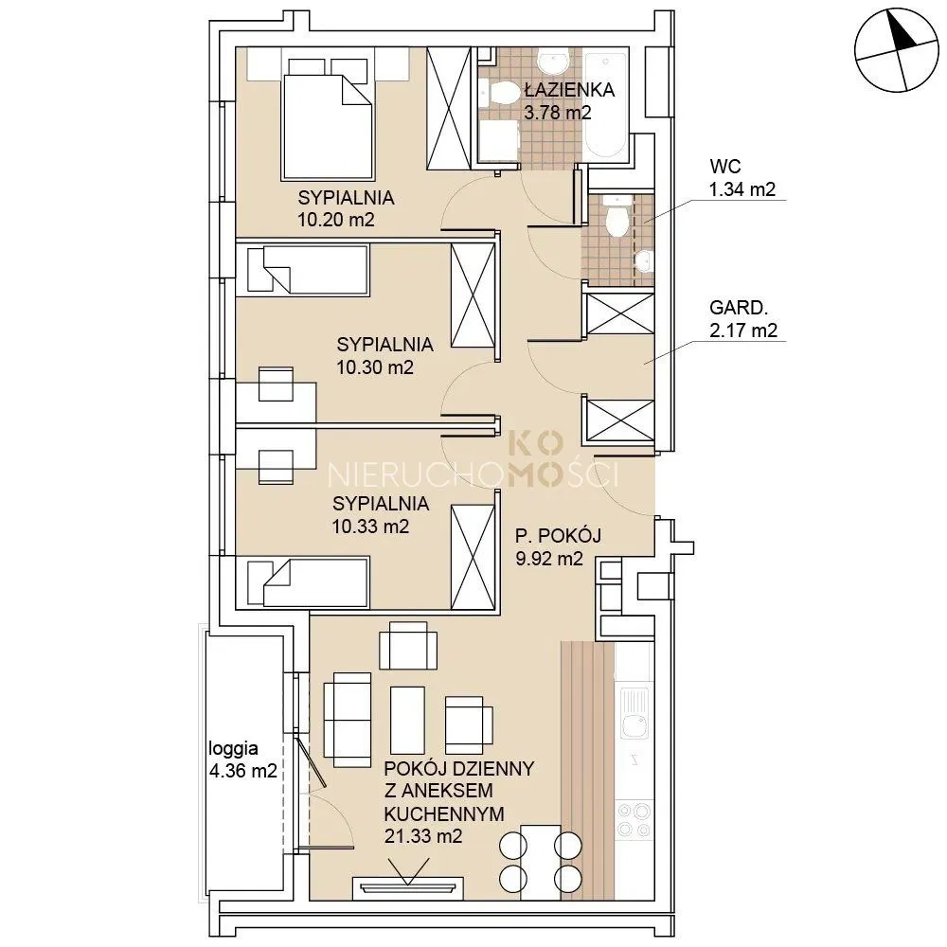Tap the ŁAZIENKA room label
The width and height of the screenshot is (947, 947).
point(569,90)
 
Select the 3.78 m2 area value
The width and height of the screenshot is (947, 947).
point(557,113)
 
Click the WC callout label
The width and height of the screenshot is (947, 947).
point(725,166)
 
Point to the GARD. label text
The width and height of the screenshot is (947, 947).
point(739,308)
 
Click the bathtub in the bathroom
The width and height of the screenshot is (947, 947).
point(606,106)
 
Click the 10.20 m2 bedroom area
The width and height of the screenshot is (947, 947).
point(336,220)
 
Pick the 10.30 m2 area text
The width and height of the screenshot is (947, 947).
point(374,367)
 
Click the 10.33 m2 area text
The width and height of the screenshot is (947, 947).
point(370,527)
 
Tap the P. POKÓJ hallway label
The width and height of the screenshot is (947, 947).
point(558,536)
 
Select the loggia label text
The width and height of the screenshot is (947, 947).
point(233,749)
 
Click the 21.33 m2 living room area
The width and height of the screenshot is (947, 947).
point(423,836)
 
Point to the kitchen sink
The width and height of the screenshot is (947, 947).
point(634,713)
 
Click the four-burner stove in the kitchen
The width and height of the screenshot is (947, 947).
point(634,819)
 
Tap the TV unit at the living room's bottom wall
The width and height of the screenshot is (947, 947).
point(407,887)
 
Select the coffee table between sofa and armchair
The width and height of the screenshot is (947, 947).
point(407,720)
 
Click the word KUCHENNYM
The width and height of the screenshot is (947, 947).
point(444,814)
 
